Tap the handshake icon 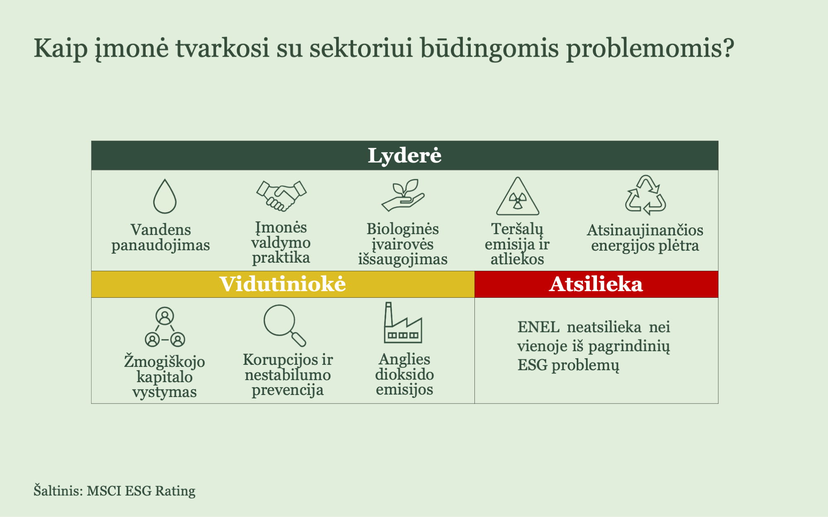click(282, 196)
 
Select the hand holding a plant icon click(403, 195)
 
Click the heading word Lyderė click(404, 156)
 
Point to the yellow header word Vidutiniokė click(283, 284)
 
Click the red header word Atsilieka click(596, 284)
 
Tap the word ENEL click(538, 327)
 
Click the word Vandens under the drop click(161, 230)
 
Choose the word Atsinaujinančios click(645, 230)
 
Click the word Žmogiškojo click(164, 361)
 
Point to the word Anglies click(404, 359)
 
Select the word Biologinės click(402, 229)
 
